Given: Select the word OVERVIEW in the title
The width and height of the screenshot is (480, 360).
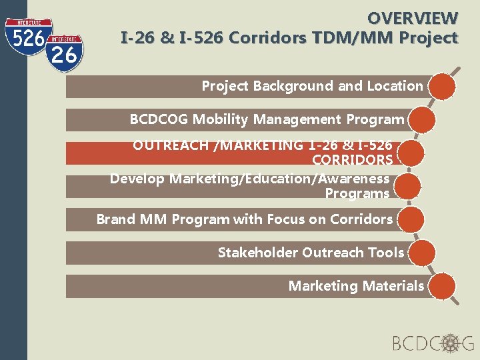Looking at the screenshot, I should point(413,18).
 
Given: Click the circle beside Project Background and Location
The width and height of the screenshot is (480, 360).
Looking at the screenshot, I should point(442,86).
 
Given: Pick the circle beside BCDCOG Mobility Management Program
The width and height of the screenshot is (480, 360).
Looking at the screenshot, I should point(422,120).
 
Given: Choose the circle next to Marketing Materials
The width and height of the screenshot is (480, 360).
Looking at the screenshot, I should point(441,286).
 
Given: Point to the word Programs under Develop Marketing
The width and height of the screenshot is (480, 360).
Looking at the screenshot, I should point(357,194).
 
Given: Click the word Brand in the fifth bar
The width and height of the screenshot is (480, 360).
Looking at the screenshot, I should point(115,219).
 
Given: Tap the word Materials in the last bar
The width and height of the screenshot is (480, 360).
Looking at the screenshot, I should point(393,286).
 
